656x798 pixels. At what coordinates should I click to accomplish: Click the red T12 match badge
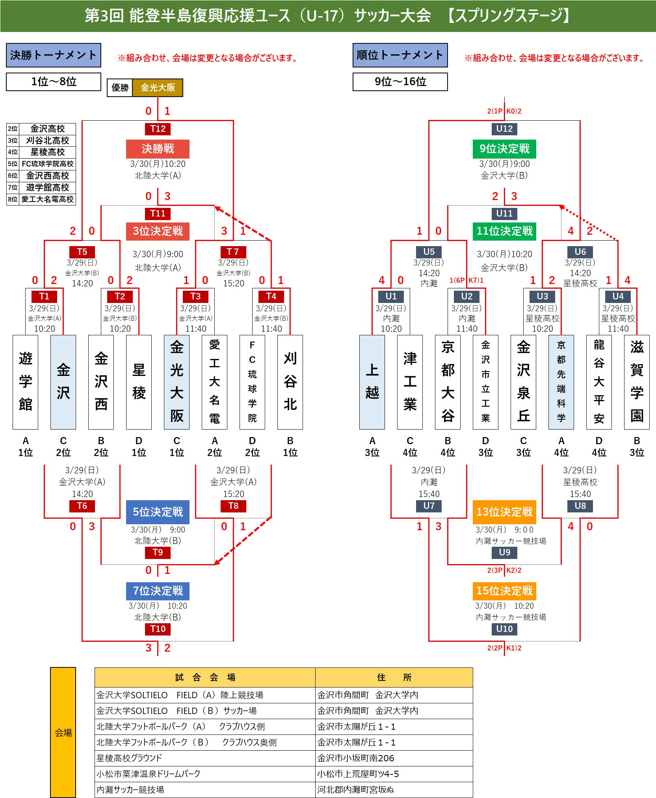coord(158,129)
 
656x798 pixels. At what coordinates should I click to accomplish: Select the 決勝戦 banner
coord(158,149)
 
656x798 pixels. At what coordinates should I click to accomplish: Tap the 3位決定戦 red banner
coord(158,231)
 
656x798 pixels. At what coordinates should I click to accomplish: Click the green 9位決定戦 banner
coord(504,149)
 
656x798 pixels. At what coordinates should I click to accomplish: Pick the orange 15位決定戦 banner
coord(504,591)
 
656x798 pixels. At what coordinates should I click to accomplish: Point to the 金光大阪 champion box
coord(158,88)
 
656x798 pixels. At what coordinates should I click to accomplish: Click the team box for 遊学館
coord(26,382)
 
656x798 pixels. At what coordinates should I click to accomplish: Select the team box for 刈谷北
coord(290,382)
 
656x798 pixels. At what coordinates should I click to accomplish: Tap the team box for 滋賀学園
coord(637,382)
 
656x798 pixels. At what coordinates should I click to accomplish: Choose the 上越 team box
coord(372,382)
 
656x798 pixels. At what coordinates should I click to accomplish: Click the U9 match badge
coord(504,552)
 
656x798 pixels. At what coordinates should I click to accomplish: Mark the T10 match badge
coord(158,629)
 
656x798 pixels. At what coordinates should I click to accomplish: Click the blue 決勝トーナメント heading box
coord(54,55)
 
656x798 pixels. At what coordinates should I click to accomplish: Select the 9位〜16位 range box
coord(400,82)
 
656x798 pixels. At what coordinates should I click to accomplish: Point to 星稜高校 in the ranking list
coord(47,152)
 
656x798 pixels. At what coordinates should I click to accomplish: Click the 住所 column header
coord(394,677)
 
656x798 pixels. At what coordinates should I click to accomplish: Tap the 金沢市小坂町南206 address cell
coord(394,758)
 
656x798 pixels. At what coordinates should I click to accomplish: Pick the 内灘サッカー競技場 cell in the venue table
coord(205,790)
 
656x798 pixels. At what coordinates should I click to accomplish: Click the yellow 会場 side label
coord(63,733)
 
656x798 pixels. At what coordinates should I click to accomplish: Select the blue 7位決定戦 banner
coord(158,591)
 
